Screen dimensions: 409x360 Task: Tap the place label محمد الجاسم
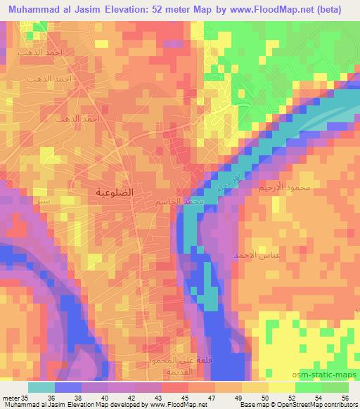181,202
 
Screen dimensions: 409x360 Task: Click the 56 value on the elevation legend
344,397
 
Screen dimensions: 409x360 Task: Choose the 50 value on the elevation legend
264,397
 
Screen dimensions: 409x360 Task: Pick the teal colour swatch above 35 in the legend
42,387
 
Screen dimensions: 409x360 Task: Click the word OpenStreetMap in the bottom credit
282,405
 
